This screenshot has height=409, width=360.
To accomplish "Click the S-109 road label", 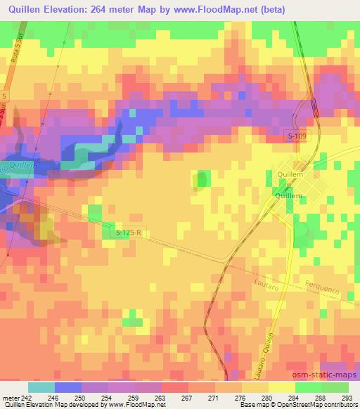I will click(297, 136).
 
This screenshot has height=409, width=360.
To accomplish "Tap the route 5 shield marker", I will click(4, 95).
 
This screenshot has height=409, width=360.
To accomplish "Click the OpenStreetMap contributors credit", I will click(314, 405).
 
